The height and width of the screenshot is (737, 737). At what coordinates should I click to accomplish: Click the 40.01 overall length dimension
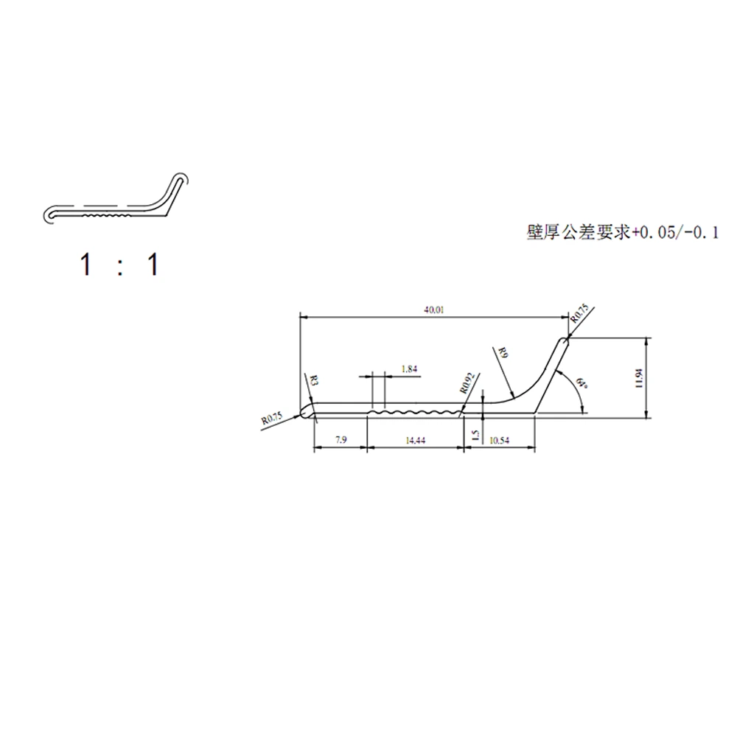click(433, 310)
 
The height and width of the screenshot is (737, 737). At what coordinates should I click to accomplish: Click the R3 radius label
click(314, 381)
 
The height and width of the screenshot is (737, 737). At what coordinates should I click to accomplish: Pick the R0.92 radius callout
click(466, 382)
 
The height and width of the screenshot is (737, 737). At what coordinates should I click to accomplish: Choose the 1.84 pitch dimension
click(410, 368)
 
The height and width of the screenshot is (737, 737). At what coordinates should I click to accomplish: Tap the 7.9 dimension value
click(340, 439)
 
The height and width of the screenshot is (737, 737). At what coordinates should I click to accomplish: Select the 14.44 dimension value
click(415, 439)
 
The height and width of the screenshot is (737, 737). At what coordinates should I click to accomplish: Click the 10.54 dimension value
click(499, 439)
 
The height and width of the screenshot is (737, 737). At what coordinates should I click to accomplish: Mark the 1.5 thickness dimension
click(475, 436)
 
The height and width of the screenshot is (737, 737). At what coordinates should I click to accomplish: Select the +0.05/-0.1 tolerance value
click(674, 233)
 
